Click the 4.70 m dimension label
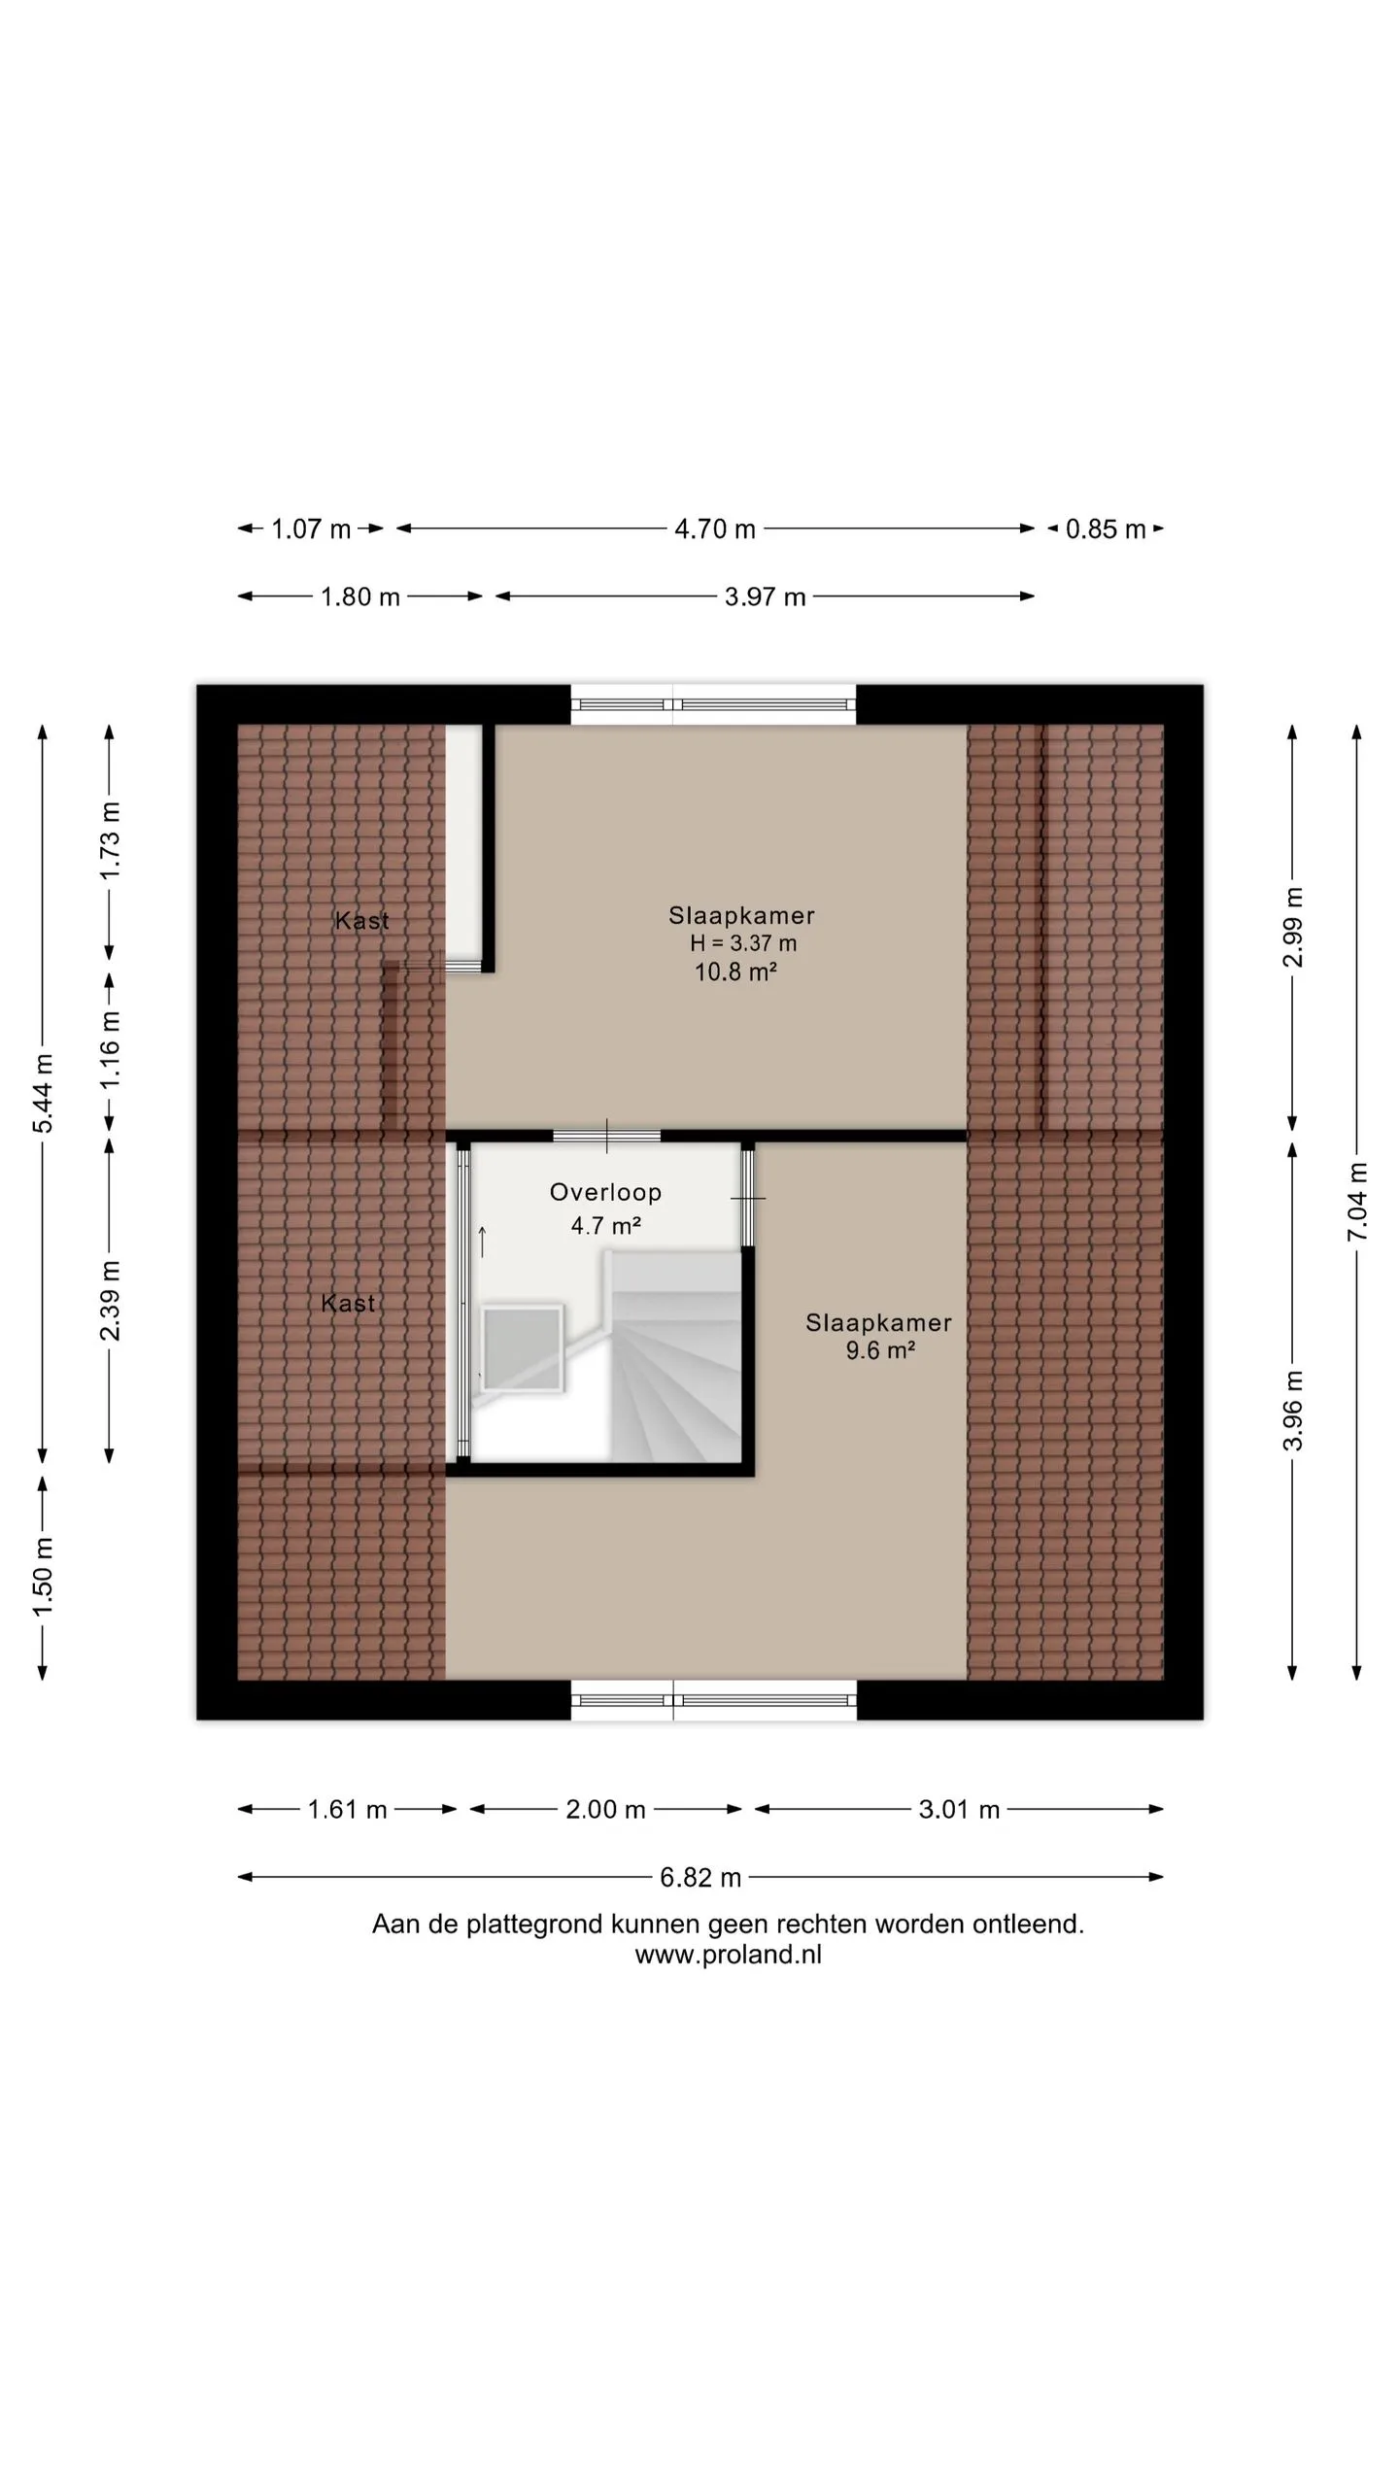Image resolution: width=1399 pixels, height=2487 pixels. (715, 529)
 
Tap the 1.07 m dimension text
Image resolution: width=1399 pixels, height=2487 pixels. (311, 529)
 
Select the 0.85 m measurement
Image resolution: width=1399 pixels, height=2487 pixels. (1106, 529)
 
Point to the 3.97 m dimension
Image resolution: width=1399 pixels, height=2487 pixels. (766, 596)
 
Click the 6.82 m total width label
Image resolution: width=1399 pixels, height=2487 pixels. (700, 1878)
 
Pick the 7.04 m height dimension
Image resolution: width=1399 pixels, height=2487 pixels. (1357, 1202)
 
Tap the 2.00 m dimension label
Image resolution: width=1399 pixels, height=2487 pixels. (605, 1810)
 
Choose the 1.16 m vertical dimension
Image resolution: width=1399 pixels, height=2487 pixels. (110, 1050)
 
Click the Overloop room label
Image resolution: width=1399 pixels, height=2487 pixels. (605, 1192)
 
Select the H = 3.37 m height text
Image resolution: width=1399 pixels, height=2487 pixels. (743, 942)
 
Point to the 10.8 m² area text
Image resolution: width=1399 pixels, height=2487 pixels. (735, 971)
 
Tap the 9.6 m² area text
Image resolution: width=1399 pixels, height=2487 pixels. (880, 1350)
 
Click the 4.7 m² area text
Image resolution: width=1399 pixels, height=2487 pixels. (605, 1225)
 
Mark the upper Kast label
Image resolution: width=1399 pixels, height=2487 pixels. (361, 920)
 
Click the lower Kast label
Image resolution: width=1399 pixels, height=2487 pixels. (348, 1303)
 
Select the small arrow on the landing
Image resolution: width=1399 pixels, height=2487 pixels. (482, 1242)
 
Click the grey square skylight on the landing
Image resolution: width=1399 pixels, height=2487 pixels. (523, 1348)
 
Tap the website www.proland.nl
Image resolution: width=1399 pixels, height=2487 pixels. (728, 1956)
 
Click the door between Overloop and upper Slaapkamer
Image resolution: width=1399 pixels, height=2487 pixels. (607, 1136)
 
